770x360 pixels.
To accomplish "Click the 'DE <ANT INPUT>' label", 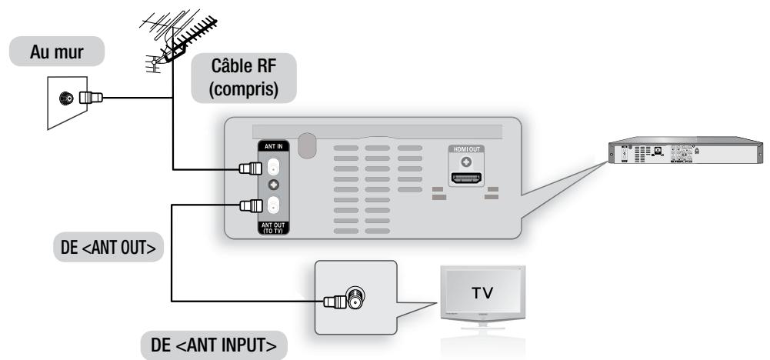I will point(213,344).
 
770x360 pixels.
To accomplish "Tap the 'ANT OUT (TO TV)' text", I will point(273,226).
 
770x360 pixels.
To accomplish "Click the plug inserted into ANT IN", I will point(249,168).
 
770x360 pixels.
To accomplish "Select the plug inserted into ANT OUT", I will point(249,205).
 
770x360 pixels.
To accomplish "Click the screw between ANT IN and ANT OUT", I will point(273,187).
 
